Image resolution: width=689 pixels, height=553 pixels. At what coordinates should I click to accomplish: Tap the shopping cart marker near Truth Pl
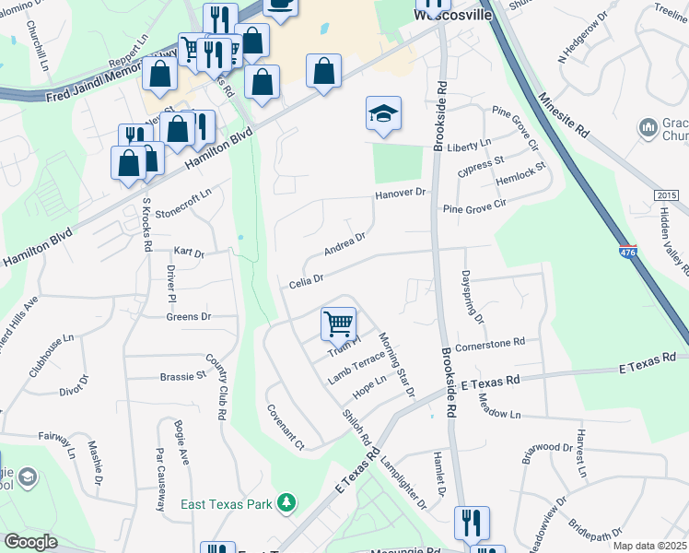click(x=338, y=324)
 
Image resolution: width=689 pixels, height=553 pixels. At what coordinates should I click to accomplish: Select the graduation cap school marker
click(x=383, y=113)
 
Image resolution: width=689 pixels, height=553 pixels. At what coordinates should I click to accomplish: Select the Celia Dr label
click(x=307, y=278)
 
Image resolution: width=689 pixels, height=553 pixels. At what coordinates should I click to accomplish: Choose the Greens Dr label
click(x=189, y=316)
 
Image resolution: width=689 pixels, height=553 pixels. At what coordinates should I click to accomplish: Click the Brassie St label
click(x=182, y=376)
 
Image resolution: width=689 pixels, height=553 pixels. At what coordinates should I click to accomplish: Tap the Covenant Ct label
click(x=286, y=426)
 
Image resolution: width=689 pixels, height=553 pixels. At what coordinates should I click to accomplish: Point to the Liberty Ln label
click(x=469, y=146)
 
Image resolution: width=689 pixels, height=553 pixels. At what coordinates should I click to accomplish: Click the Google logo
click(x=30, y=541)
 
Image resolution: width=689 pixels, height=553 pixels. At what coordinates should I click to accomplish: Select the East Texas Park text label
click(x=232, y=504)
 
